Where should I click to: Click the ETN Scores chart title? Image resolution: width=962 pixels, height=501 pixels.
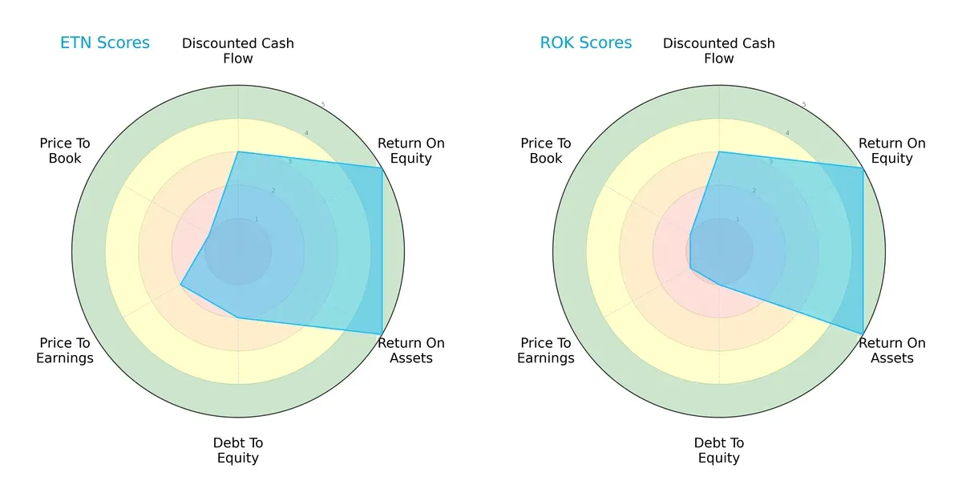(x=105, y=42)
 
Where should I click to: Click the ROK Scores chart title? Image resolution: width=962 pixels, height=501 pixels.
(x=586, y=42)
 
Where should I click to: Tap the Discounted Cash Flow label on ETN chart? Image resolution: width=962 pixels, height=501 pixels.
(x=238, y=51)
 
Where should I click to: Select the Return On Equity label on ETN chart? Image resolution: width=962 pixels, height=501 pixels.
(x=411, y=151)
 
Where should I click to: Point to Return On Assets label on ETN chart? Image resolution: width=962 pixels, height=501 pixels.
(x=411, y=350)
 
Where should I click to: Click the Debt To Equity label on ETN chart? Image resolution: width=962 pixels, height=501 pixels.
(x=238, y=450)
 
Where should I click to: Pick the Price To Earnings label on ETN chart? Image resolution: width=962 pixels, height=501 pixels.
(x=65, y=350)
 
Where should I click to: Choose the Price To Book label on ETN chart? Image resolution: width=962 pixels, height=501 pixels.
(x=65, y=151)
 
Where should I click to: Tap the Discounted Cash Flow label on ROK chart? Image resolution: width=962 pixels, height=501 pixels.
(x=719, y=51)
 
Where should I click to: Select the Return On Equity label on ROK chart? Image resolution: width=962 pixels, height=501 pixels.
(x=892, y=151)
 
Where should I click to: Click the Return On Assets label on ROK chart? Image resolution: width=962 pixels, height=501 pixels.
(x=892, y=350)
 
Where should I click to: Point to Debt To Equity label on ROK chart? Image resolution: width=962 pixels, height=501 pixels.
(x=719, y=450)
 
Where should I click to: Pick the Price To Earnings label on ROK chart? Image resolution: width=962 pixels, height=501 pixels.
(x=546, y=350)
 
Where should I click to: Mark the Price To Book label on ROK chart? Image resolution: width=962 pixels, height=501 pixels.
(x=546, y=151)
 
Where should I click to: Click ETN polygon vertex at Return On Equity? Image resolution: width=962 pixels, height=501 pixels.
(x=382, y=168)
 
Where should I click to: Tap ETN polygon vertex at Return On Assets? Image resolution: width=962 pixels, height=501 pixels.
(x=382, y=333)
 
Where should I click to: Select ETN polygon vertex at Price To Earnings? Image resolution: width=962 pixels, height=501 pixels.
(x=180, y=285)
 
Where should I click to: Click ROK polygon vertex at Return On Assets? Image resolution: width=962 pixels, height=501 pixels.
(x=863, y=333)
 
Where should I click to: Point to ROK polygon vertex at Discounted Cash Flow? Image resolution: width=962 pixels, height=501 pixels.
(x=719, y=152)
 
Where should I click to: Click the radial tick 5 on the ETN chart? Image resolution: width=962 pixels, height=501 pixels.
(x=323, y=105)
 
